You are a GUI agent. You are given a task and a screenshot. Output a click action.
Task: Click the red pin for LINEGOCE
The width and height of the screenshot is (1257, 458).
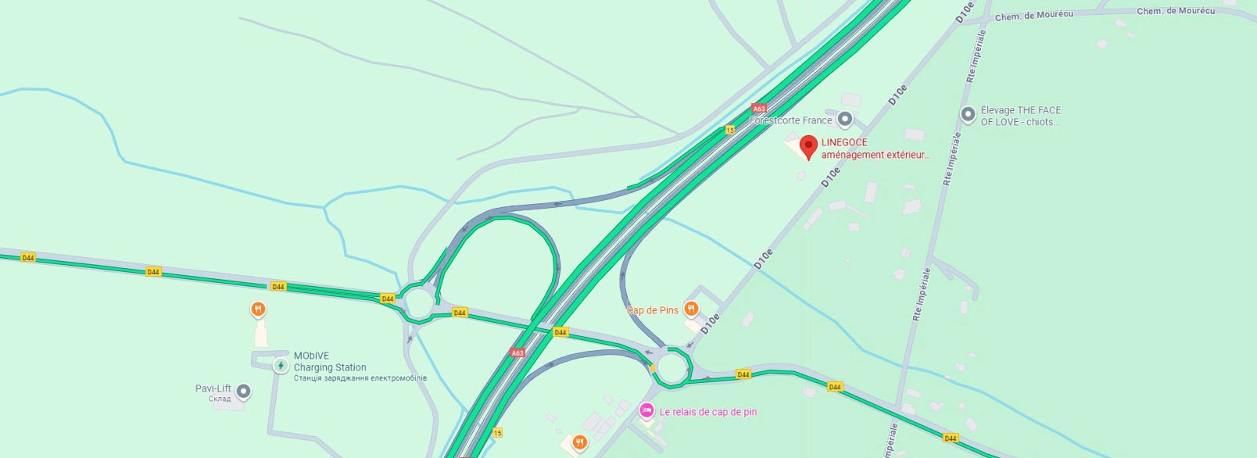click(x=808, y=145)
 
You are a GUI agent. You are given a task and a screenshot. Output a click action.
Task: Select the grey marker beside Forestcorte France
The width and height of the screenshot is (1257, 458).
click(x=844, y=120)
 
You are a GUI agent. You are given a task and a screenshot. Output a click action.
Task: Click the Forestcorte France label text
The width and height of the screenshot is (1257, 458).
click(x=790, y=120)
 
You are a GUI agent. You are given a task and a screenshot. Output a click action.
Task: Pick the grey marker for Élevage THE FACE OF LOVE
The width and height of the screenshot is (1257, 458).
click(x=968, y=114)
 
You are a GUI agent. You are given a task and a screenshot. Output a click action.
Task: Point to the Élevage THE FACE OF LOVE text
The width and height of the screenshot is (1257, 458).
click(x=1020, y=116)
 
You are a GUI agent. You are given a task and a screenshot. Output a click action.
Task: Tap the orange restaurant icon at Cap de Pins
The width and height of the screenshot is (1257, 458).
click(x=691, y=309)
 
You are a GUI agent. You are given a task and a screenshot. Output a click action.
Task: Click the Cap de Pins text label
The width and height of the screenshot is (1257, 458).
click(x=653, y=310)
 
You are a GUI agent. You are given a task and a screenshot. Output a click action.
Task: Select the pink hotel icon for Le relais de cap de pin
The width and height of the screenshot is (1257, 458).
click(x=646, y=410)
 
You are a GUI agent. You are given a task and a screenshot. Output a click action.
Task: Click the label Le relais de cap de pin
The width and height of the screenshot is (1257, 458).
click(x=707, y=412)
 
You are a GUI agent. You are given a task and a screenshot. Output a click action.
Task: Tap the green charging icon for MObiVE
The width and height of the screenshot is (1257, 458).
click(x=281, y=365)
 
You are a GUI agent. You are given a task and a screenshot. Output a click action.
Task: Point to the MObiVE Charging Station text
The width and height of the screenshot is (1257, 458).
click(x=330, y=362)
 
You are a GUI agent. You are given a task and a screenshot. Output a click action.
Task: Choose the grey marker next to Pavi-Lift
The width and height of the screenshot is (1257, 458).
click(x=244, y=391)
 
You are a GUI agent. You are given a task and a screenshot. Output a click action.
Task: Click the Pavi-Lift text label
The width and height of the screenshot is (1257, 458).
click(x=213, y=388)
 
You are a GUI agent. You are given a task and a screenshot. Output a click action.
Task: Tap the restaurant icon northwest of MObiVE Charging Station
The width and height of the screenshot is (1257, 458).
click(x=258, y=310)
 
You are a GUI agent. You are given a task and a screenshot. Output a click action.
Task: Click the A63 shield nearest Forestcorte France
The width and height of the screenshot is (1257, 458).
click(x=758, y=109)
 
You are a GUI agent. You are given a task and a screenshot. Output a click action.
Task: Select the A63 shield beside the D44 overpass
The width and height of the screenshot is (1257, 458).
click(x=517, y=352)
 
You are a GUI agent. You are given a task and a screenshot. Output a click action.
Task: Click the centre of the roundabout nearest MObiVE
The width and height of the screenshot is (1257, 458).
click(x=419, y=302)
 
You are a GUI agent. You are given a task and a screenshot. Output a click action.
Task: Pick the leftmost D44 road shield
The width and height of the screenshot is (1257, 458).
click(x=28, y=257)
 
